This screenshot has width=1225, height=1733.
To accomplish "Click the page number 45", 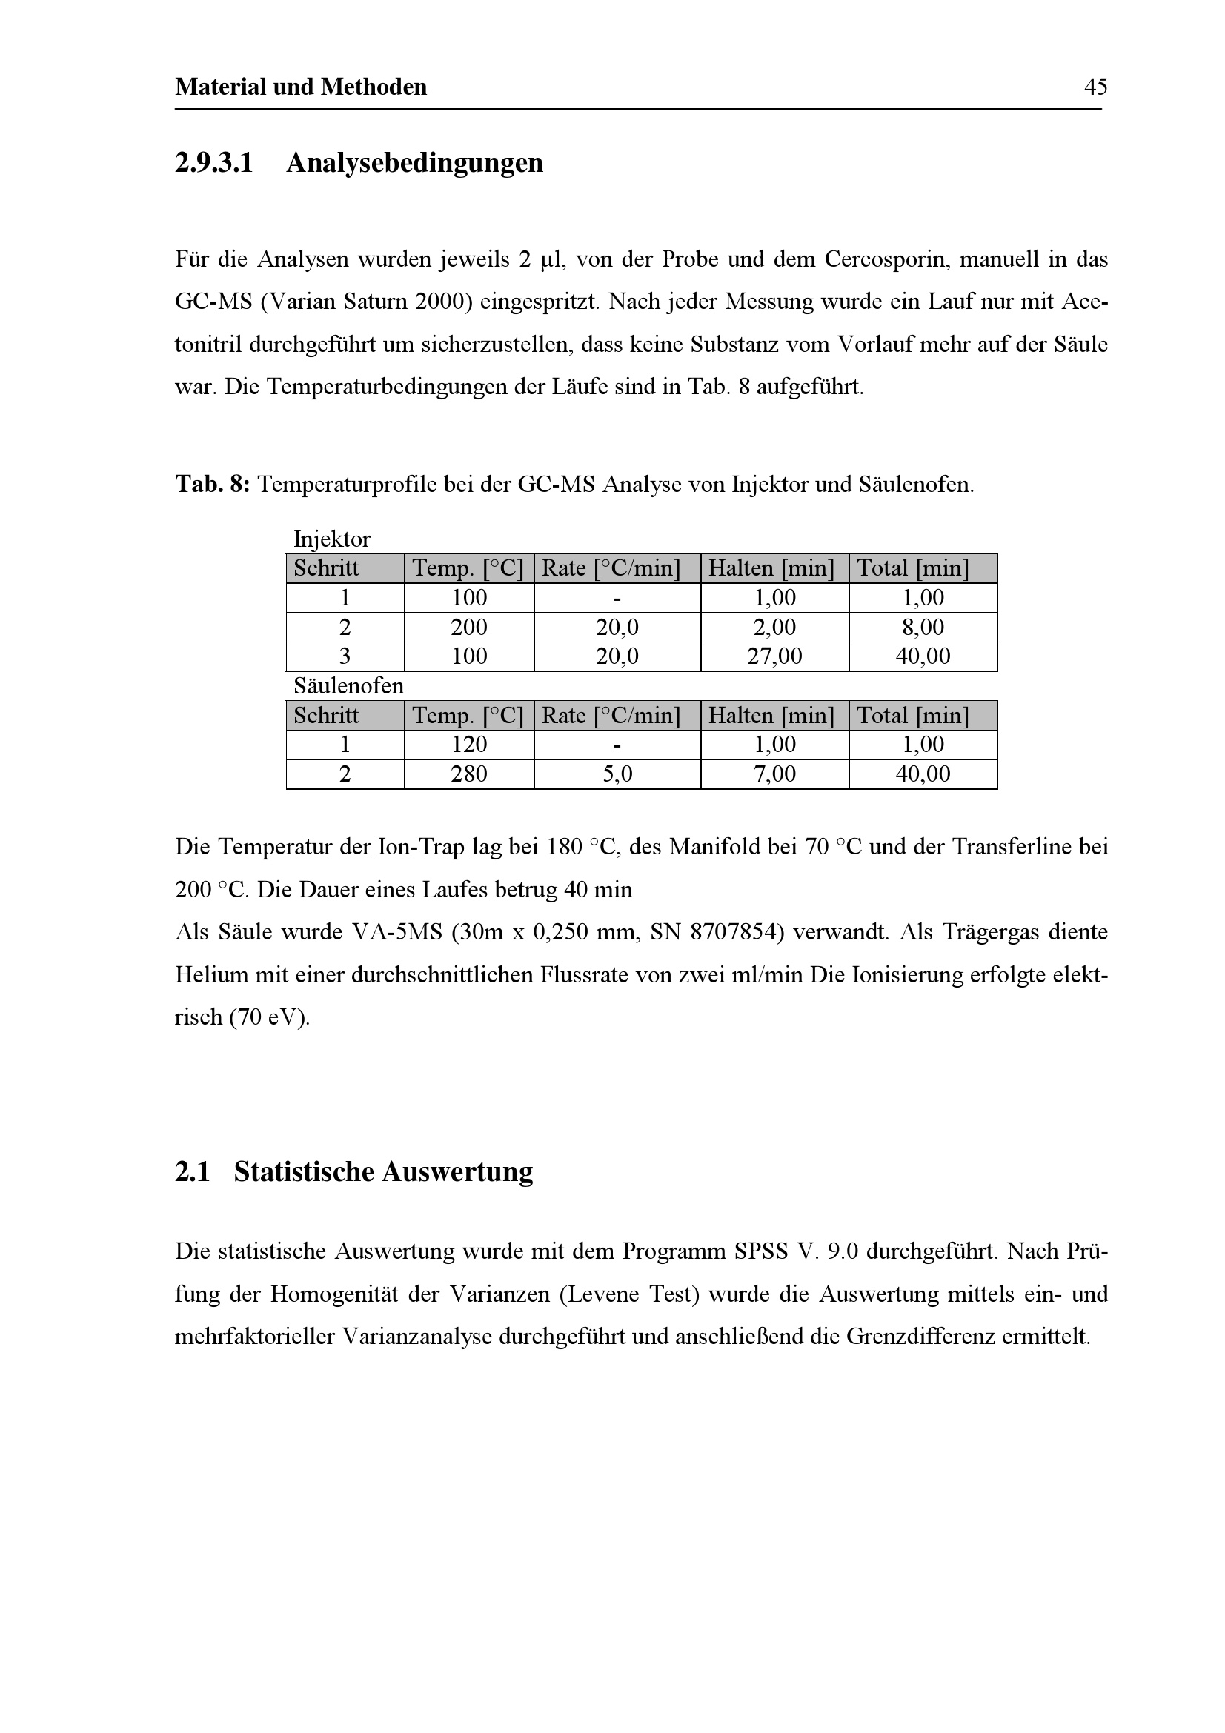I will (x=1095, y=87).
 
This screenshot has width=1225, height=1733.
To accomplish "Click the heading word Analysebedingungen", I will (x=414, y=163).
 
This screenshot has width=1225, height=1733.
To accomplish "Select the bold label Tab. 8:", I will (x=212, y=484).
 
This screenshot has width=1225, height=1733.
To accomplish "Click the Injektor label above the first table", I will (x=332, y=539).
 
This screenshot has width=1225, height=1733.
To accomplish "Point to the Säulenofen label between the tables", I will (x=349, y=686).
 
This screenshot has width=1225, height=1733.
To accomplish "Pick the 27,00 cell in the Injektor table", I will (x=774, y=656).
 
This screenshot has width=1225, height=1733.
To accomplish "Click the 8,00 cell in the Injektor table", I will (x=923, y=628).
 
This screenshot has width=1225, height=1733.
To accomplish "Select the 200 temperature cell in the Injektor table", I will (x=468, y=628).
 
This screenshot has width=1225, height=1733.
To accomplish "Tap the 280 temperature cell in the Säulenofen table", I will (x=468, y=774).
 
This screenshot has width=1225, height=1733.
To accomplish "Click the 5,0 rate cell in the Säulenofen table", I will (x=617, y=774).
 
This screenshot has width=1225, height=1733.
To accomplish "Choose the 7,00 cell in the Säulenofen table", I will (x=774, y=774).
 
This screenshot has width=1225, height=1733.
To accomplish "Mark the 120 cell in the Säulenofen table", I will (x=468, y=745).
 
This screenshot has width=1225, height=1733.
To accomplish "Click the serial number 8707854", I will (x=737, y=932).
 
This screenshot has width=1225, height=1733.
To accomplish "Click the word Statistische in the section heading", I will (x=303, y=1171).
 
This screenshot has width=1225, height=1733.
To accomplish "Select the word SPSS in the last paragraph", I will (x=762, y=1251).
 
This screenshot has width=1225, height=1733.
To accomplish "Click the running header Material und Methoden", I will (x=300, y=87).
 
